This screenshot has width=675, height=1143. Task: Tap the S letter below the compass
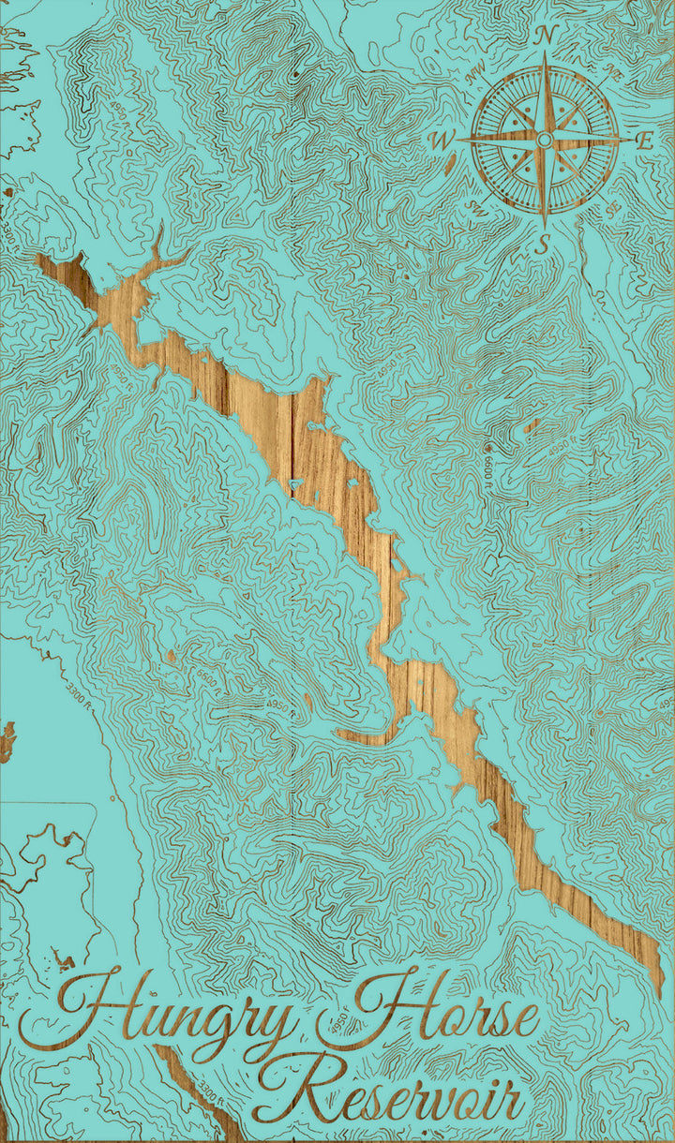tap(541, 245)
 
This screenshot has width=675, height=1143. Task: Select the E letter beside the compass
tap(645, 141)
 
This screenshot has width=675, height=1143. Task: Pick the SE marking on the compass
tap(614, 212)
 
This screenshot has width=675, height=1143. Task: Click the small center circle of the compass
tap(545, 141)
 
